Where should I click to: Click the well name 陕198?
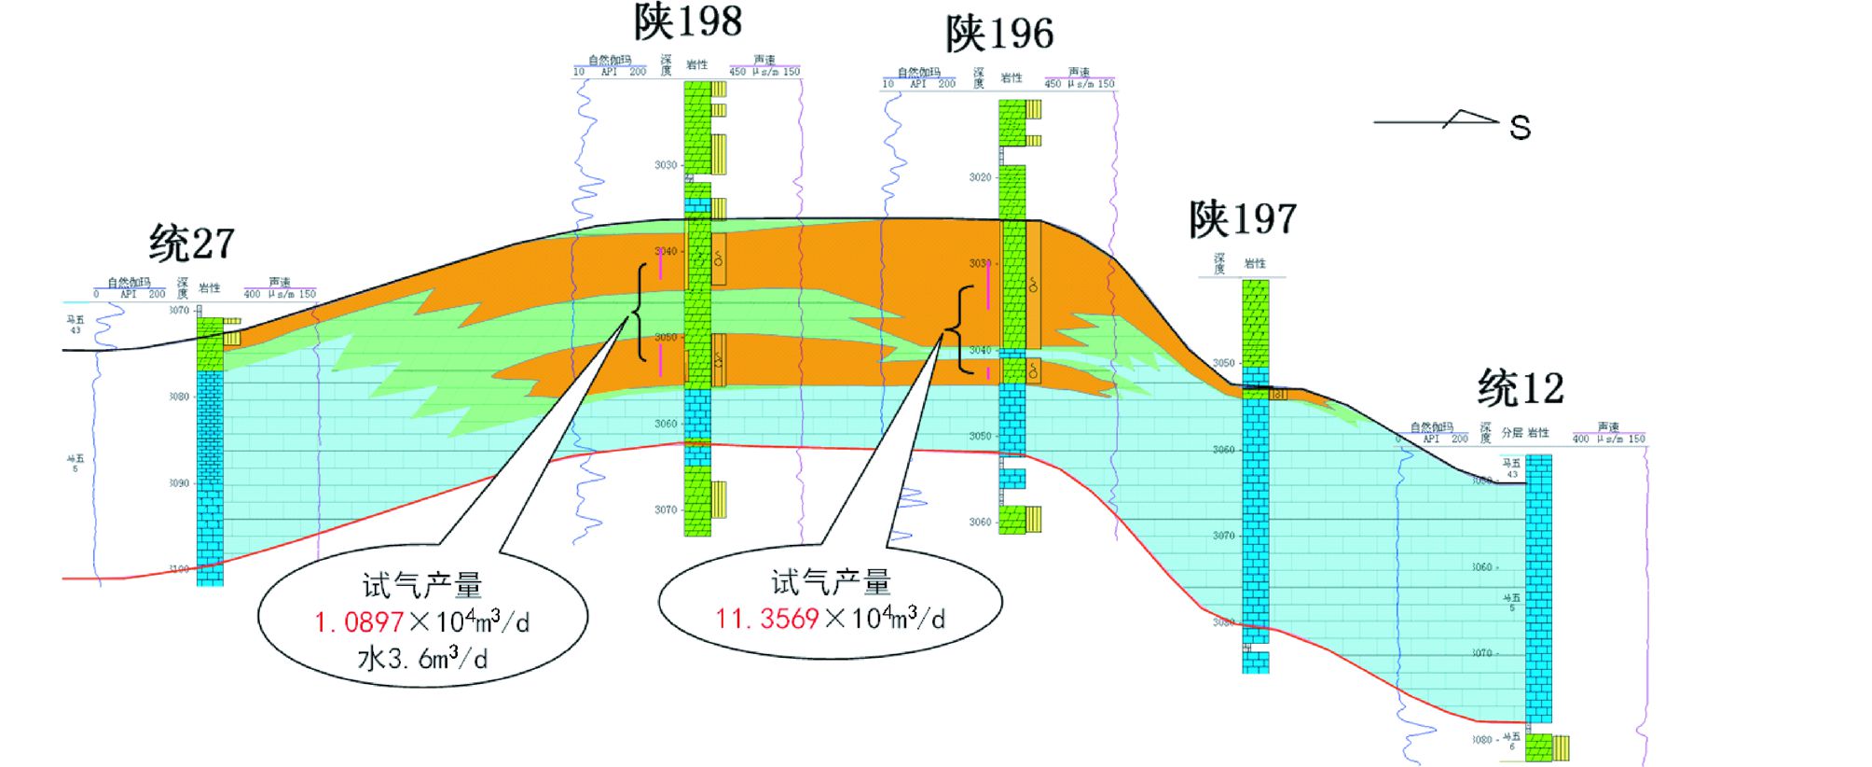click(688, 22)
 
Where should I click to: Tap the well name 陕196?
click(999, 35)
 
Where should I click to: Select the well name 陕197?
click(1243, 220)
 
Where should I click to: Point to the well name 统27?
click(191, 244)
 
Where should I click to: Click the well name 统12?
click(1521, 388)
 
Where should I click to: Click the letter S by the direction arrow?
click(1520, 128)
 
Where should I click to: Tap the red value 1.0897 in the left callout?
click(359, 622)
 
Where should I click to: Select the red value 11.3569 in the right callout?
click(766, 619)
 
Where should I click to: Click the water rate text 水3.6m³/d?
click(421, 659)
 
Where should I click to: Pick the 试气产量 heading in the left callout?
click(421, 586)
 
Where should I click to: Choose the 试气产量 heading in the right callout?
click(830, 582)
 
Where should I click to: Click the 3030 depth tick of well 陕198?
click(666, 165)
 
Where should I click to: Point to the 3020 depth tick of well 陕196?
click(980, 177)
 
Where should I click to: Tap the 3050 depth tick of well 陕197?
click(1223, 363)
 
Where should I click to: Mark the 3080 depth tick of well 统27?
click(179, 397)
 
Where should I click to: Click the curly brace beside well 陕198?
click(639, 313)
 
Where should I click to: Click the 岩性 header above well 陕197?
click(1255, 264)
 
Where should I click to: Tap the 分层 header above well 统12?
click(1511, 433)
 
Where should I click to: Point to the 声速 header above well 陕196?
click(1079, 72)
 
